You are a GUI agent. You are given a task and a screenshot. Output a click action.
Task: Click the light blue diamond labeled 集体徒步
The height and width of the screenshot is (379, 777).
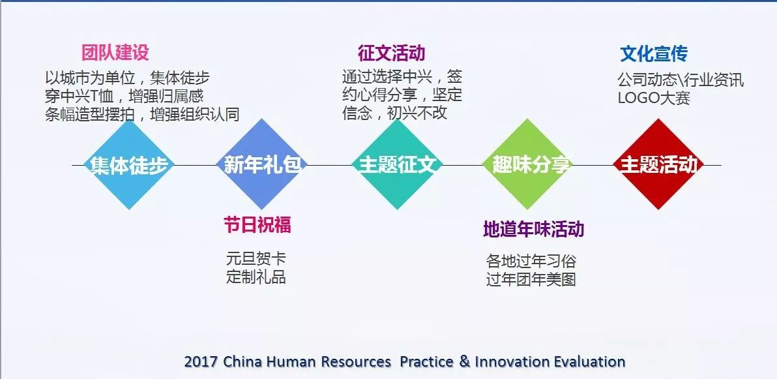(x=129, y=164)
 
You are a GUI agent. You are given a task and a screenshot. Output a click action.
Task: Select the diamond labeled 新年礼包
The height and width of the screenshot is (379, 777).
(x=262, y=164)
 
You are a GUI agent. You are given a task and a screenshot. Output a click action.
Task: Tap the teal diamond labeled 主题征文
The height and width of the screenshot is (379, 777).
(x=397, y=164)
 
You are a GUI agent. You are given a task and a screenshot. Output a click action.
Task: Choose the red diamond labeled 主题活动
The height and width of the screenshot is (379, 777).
(x=658, y=164)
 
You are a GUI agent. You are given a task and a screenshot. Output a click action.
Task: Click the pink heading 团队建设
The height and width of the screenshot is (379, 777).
(x=115, y=53)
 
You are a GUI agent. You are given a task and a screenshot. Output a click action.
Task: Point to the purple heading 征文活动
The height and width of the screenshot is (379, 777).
(x=392, y=53)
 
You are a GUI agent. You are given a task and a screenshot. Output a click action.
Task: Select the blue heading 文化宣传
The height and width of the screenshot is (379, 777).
(x=654, y=53)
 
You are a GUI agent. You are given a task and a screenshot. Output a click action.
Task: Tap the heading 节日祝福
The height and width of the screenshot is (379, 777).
(x=257, y=224)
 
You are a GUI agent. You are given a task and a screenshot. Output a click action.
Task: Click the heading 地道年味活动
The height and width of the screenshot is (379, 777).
(x=534, y=229)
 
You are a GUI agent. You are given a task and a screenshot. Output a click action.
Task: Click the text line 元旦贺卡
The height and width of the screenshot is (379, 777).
(x=256, y=258)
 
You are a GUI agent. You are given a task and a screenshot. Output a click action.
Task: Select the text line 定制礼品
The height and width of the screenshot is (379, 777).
(x=256, y=277)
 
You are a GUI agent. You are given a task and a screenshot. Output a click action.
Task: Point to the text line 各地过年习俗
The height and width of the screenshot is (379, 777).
(x=531, y=261)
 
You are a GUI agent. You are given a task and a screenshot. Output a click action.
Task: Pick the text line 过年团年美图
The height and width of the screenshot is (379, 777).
(x=531, y=279)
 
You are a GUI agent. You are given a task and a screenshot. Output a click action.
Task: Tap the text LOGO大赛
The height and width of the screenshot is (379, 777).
(x=654, y=98)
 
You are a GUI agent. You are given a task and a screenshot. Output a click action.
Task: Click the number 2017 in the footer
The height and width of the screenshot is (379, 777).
(x=201, y=361)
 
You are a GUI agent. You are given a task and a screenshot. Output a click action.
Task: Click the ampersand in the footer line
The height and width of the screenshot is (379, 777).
(x=464, y=361)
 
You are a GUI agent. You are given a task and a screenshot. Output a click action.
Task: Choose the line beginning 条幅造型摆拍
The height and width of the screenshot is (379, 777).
(x=142, y=114)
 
